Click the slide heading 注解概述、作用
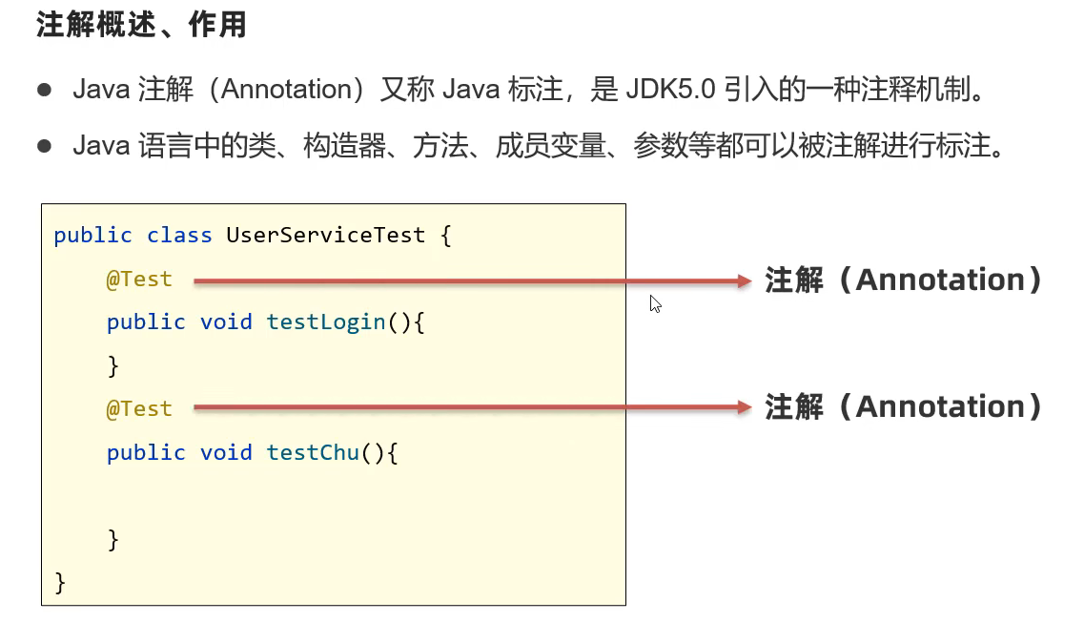(x=141, y=26)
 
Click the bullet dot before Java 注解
(x=44, y=90)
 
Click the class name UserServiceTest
(x=325, y=235)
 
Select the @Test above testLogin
(x=139, y=279)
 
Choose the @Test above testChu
(x=139, y=408)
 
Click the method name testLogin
(x=326, y=321)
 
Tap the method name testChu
(x=313, y=451)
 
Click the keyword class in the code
(x=179, y=235)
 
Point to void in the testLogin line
(x=226, y=321)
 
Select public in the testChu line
(x=146, y=451)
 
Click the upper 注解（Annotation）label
(x=903, y=280)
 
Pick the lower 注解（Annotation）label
(x=903, y=407)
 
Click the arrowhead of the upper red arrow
(x=745, y=280)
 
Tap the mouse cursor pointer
(x=655, y=303)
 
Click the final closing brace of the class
(x=60, y=581)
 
